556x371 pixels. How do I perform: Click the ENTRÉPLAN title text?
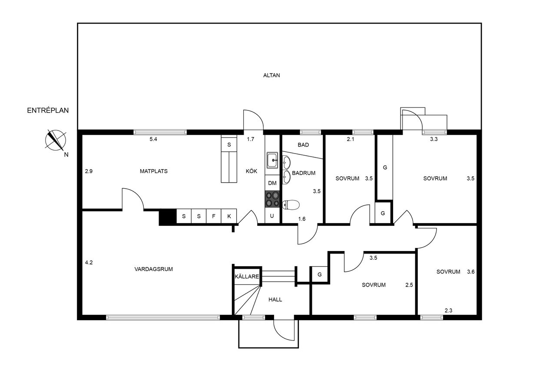point(48,110)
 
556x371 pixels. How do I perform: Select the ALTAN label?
point(271,75)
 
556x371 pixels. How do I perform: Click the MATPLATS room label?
point(154,171)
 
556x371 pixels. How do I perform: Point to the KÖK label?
point(252,171)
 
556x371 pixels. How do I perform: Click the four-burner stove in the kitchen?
point(272,199)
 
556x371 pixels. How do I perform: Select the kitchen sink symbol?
point(272,160)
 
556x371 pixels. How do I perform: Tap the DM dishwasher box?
point(272,183)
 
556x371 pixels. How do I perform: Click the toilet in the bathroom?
point(291,205)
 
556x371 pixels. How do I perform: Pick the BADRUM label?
point(304,173)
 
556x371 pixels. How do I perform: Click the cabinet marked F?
point(214,216)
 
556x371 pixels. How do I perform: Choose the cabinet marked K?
point(229,216)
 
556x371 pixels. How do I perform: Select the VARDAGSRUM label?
point(154,269)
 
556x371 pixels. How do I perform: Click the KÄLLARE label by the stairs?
point(247,276)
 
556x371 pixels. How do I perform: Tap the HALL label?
point(275,300)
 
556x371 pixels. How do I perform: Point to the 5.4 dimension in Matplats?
point(153,139)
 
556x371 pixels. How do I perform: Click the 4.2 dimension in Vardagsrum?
point(89,262)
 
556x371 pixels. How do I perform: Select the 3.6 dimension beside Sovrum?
point(471,272)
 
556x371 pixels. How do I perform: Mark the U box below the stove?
point(272,216)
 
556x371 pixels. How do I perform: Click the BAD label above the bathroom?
point(303,145)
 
